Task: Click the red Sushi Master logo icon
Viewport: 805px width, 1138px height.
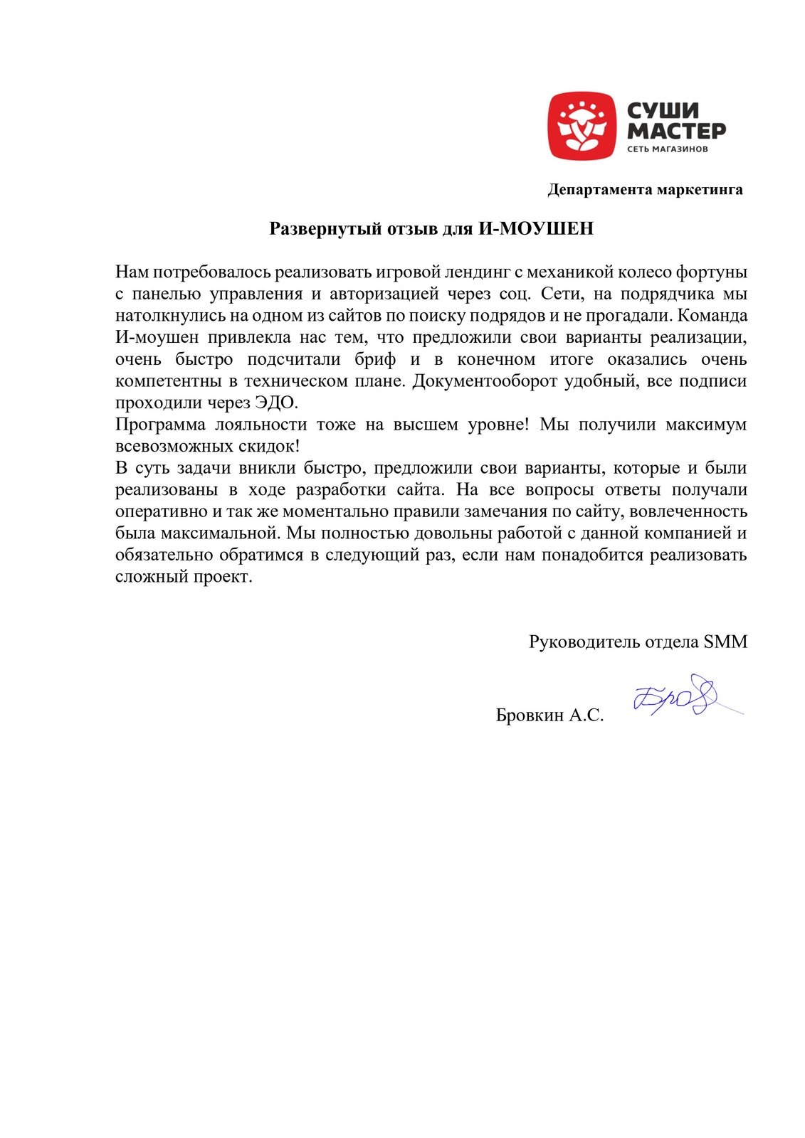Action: pos(582,126)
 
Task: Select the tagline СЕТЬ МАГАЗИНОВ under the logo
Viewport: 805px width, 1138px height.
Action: pos(667,149)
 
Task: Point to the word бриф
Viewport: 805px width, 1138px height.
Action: pos(375,359)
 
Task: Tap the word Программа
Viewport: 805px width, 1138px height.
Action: pos(159,425)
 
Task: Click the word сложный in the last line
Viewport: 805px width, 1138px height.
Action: pos(152,577)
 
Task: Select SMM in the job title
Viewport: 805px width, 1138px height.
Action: pos(725,642)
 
